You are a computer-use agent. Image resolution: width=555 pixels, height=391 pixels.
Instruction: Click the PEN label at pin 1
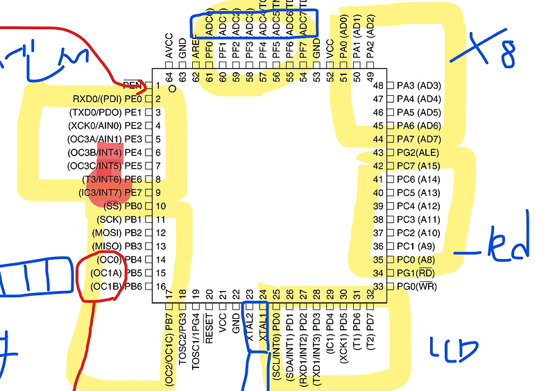[131, 85]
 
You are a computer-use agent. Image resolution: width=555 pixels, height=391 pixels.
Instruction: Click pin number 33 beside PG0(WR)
[378, 286]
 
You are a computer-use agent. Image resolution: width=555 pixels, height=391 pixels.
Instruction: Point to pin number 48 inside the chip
[378, 85]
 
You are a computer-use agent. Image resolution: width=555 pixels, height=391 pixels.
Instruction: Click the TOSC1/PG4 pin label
[196, 338]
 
